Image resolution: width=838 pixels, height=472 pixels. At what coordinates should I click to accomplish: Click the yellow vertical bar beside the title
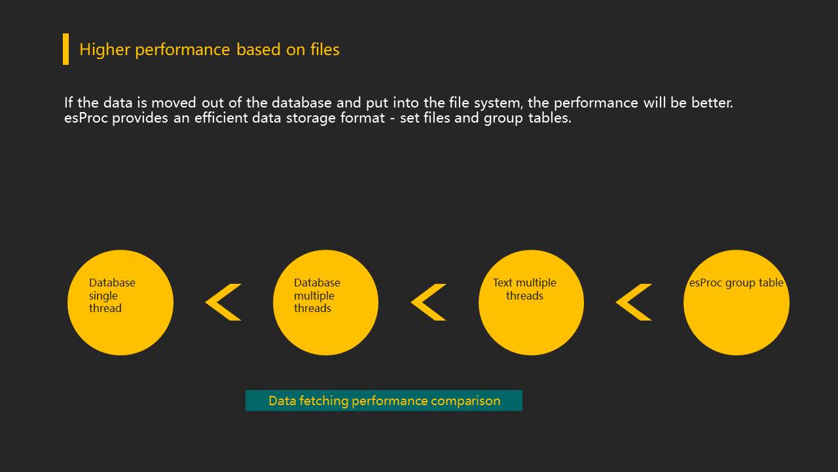[x=65, y=49]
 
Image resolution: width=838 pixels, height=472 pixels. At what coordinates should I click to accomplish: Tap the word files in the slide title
[x=325, y=50]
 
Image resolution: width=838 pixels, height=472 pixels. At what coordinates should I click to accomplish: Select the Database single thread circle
[x=120, y=328]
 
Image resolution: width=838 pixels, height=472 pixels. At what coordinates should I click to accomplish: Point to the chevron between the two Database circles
[x=223, y=302]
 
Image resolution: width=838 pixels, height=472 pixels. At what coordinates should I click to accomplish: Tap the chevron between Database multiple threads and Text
[x=428, y=302]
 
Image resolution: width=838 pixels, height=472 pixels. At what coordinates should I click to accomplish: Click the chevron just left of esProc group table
[x=633, y=302]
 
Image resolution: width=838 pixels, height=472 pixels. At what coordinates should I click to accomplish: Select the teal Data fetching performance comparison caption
[x=384, y=401]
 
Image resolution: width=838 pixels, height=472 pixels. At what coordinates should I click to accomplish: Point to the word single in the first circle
[x=103, y=296]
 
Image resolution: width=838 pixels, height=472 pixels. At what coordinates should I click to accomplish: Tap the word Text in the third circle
[x=503, y=283]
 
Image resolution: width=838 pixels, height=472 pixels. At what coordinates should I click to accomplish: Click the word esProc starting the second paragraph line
[x=86, y=119]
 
